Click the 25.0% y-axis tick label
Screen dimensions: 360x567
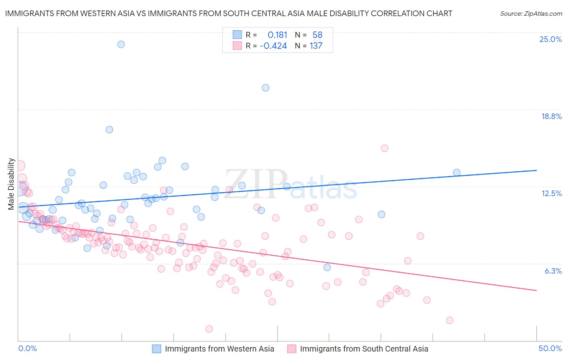coord(550,39)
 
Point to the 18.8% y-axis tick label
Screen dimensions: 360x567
coord(551,116)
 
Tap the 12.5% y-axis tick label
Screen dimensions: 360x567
coord(551,193)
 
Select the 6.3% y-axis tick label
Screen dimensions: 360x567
coord(553,271)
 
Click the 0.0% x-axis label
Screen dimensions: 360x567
coord(28,348)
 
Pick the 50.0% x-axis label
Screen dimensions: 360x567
coord(550,348)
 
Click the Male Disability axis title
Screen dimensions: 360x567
coord(11,184)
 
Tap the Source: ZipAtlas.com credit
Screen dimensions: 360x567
coord(531,13)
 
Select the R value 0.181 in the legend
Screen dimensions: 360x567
coord(277,35)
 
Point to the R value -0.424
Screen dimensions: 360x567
coord(273,46)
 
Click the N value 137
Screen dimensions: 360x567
coord(316,46)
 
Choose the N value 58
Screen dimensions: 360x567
coord(317,35)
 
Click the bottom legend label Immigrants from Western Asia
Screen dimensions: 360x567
coord(219,349)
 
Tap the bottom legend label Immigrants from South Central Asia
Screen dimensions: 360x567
coord(364,349)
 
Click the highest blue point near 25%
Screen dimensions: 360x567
coord(121,44)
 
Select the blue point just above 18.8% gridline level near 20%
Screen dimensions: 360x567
coord(265,88)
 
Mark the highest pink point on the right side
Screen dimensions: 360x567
coord(384,148)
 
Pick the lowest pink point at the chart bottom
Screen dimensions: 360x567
coord(209,329)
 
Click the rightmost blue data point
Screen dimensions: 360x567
coord(457,172)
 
